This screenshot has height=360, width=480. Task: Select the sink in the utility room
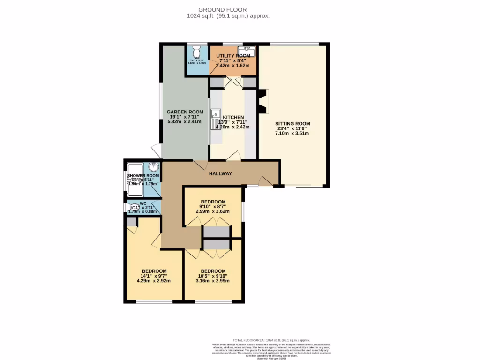(x=247, y=50)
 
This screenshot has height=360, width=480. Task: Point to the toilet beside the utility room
(x=197, y=51)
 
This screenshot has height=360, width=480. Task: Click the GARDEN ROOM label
(x=185, y=112)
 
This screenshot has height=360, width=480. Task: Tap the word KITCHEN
(x=233, y=117)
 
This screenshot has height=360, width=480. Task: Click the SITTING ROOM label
(x=293, y=124)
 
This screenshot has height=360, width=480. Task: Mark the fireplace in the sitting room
(x=262, y=102)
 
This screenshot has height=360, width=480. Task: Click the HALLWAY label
(x=220, y=174)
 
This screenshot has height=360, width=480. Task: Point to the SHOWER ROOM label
(x=143, y=176)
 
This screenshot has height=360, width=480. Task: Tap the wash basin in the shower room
(x=154, y=166)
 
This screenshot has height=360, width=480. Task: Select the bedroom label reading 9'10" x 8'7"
(x=213, y=206)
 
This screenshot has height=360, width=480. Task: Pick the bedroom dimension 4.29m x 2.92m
(x=153, y=281)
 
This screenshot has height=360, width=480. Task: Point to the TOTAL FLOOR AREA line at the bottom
(x=271, y=340)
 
